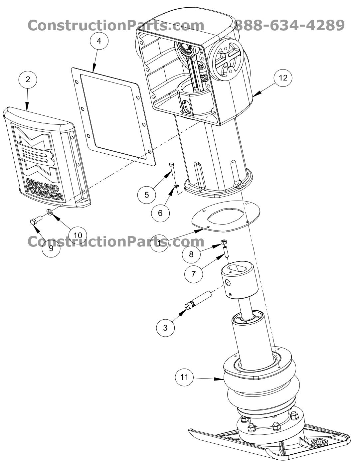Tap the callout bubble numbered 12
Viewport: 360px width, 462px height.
[283, 77]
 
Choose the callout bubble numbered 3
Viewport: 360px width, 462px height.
[165, 327]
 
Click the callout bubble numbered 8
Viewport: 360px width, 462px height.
[191, 254]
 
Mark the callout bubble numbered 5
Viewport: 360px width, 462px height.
[147, 195]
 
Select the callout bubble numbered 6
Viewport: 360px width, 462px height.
[160, 213]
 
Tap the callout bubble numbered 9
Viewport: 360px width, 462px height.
[51, 248]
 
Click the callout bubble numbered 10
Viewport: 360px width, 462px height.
[78, 235]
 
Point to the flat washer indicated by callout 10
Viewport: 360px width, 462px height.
[50, 212]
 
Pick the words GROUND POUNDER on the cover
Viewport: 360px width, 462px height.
[44, 190]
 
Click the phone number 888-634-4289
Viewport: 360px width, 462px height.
[289, 25]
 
